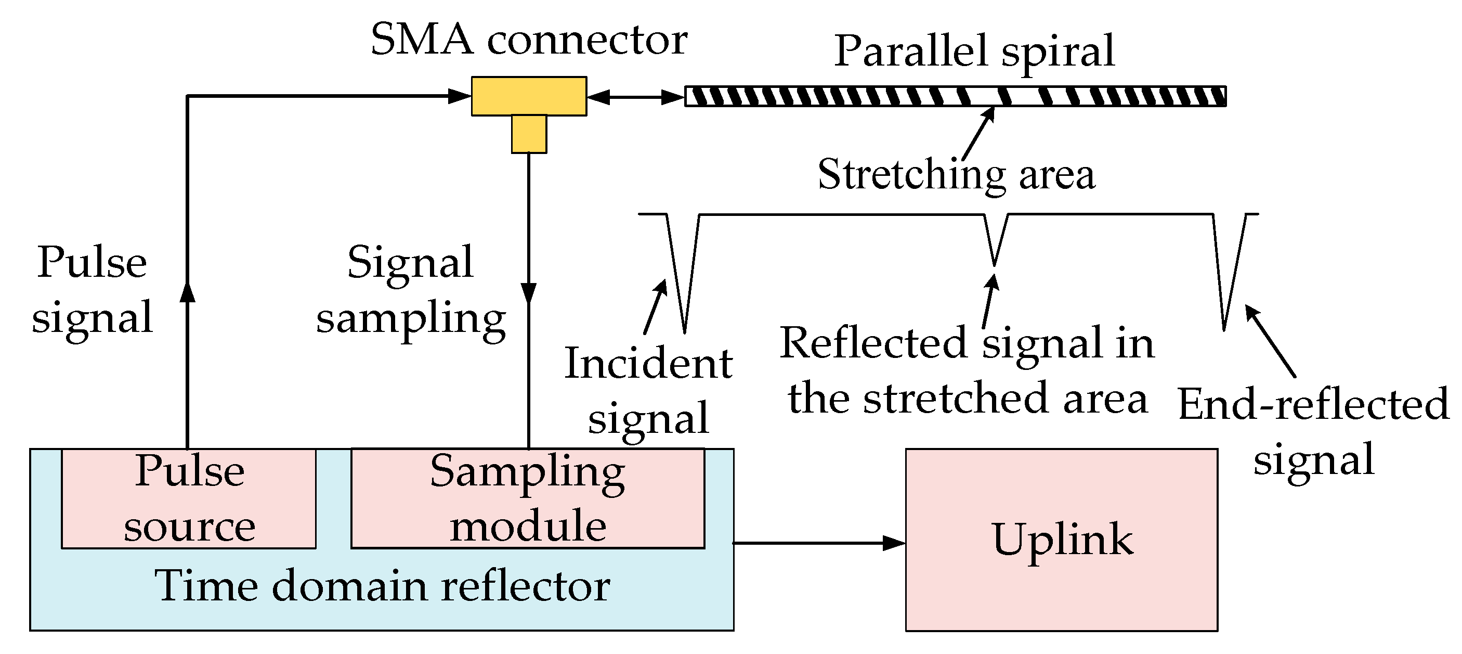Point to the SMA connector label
coord(528,40)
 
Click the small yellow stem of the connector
coord(528,134)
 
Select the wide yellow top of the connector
coord(528,96)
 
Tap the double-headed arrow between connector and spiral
coord(635,97)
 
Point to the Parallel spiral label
coord(974,51)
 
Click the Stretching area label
coord(956,174)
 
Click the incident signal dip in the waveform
coord(682,273)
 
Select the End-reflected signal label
coord(1313,431)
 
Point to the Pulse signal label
coord(92,289)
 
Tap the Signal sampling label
coord(410,289)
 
